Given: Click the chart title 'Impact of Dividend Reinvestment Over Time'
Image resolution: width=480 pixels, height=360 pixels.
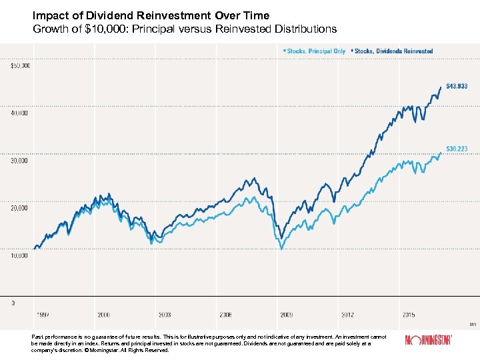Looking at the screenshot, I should pos(151,16).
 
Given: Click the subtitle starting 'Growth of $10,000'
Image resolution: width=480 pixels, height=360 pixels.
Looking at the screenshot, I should pos(185,29).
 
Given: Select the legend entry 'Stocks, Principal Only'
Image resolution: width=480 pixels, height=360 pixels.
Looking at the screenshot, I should pos(315,51).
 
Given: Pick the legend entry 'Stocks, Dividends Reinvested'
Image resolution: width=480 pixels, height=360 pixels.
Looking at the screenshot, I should pos(393,51).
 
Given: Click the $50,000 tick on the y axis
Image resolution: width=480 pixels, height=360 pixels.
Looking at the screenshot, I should pos(19,65).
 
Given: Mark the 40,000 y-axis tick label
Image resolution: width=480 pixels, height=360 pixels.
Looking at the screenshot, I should pos(19,113).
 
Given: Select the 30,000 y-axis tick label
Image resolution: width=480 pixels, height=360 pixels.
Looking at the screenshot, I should pos(19,161).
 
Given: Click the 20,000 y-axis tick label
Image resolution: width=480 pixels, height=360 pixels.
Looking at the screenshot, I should pos(19,208).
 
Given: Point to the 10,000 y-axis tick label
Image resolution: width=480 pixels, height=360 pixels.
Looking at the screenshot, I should pos(19,255).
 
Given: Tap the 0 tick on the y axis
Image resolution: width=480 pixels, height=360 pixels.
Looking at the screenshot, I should pos(12,303).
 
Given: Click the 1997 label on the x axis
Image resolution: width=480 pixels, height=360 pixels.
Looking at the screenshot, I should pos(42,314).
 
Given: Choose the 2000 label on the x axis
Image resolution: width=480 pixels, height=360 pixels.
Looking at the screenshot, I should pos(103,314).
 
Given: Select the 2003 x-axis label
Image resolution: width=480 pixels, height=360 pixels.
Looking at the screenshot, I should pos(164,314).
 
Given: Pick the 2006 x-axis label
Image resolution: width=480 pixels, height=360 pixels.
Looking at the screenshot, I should pos(225,314).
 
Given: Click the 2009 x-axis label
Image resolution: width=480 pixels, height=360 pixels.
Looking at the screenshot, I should pos(287,314).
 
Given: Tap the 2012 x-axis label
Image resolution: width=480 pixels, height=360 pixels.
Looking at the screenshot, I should pos(348,314).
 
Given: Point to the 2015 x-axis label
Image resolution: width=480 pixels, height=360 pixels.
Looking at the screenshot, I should pos(409,314).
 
